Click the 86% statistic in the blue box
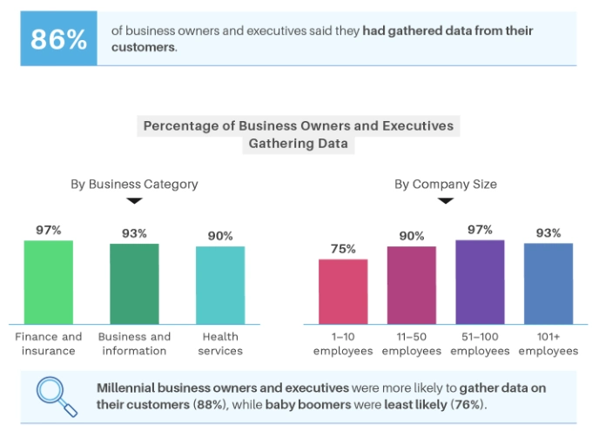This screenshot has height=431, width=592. click(58, 39)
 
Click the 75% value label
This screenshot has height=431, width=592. click(343, 249)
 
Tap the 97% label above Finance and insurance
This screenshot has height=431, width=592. click(48, 230)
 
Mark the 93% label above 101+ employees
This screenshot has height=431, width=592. click(548, 233)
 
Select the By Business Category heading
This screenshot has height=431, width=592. click(134, 184)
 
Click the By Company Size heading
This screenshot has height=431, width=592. click(446, 184)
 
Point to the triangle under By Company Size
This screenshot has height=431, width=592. click(446, 200)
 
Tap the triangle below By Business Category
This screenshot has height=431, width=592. click(134, 200)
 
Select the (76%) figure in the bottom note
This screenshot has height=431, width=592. click(469, 405)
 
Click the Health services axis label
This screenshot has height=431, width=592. click(220, 344)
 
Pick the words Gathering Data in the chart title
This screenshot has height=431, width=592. click(299, 144)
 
